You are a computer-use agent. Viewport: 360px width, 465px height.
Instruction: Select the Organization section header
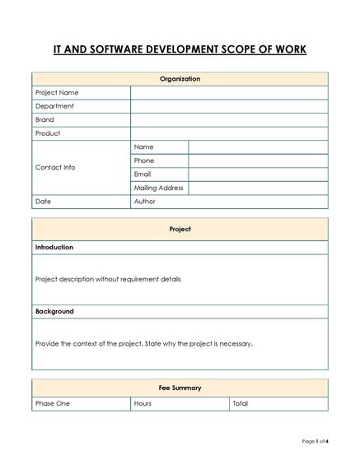click(180, 79)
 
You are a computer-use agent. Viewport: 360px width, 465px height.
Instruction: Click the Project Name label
click(57, 93)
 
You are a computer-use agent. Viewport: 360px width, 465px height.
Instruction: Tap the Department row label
click(54, 106)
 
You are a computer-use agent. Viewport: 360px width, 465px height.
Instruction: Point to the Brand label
click(44, 119)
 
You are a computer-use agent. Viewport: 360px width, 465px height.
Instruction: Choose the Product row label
click(48, 133)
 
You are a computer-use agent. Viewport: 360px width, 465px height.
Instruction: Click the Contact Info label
click(55, 167)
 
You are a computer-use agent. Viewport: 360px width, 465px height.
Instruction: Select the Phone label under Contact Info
click(144, 160)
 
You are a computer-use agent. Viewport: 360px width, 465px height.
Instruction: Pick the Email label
click(143, 174)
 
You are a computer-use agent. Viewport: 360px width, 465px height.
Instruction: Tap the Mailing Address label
click(158, 188)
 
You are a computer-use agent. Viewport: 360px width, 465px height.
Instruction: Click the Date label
click(43, 202)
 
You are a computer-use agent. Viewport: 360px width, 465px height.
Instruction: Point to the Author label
click(144, 202)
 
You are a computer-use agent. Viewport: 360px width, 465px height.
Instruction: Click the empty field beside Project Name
click(228, 93)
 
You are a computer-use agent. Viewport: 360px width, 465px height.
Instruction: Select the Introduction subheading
click(54, 247)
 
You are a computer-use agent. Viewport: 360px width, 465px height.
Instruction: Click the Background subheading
click(54, 312)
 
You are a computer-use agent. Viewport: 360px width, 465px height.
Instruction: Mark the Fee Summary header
click(180, 388)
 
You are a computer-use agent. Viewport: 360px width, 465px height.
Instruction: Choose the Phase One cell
click(53, 403)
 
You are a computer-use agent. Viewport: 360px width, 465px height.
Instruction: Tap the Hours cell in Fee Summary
click(143, 403)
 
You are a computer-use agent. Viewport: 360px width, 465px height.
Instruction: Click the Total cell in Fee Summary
click(240, 403)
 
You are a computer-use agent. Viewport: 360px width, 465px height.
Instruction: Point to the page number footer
click(315, 442)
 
